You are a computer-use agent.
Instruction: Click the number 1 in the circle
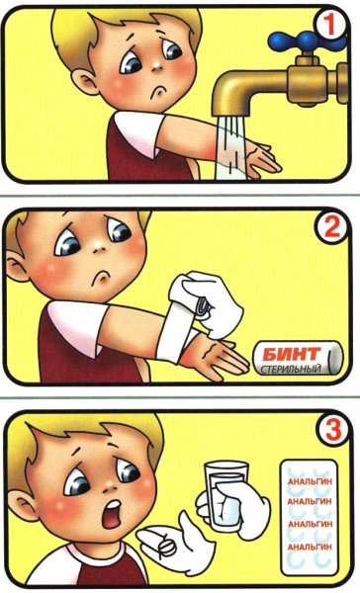[328, 26]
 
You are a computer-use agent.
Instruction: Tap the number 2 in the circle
[329, 227]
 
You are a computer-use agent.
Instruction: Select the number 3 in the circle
[333, 430]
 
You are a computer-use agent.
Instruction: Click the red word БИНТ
[291, 354]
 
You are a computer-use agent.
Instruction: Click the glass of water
[225, 496]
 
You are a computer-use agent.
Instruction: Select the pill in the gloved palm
[165, 547]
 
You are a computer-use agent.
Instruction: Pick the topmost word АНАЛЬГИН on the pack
[310, 481]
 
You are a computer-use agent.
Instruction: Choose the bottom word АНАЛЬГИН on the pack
[310, 547]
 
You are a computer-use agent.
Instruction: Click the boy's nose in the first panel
[156, 66]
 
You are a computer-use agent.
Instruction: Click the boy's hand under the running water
[261, 158]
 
